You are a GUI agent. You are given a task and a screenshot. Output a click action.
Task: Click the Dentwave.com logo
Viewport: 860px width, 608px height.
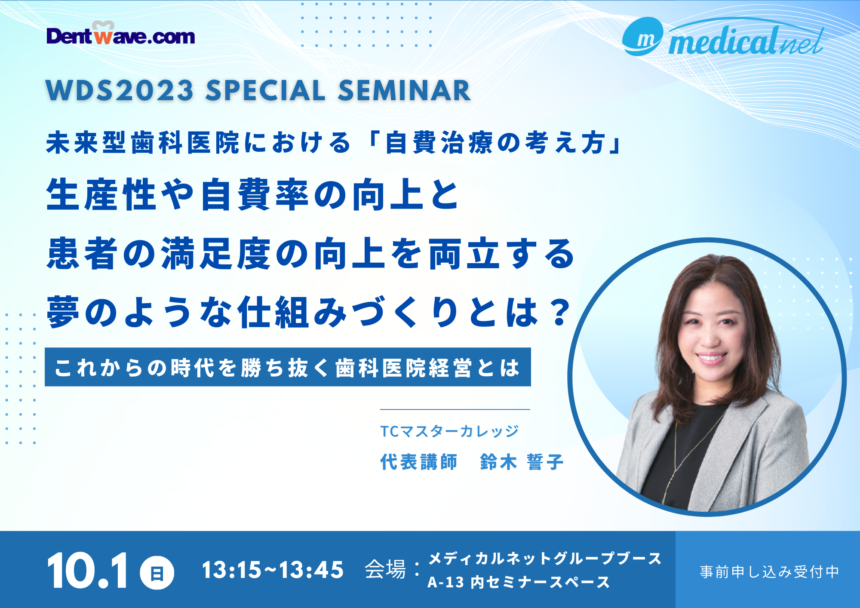click(x=120, y=34)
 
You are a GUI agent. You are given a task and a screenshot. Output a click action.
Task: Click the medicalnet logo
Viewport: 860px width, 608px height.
click(x=723, y=38)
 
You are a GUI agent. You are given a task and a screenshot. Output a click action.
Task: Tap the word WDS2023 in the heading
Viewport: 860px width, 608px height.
click(x=120, y=91)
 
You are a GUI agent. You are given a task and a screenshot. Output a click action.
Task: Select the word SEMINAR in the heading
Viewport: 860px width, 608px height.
click(x=404, y=91)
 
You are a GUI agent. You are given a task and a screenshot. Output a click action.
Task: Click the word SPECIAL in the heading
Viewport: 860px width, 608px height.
click(x=266, y=91)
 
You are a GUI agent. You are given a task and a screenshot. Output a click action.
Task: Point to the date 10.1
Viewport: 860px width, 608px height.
click(x=88, y=571)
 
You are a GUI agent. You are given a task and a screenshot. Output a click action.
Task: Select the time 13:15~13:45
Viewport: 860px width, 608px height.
click(x=273, y=571)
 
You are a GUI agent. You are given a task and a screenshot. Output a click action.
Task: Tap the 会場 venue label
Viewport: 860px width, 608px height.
click(x=385, y=570)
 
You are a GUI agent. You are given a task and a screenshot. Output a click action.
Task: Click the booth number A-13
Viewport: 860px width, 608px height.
click(x=445, y=583)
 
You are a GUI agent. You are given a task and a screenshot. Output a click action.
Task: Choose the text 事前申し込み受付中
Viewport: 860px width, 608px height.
click(x=769, y=572)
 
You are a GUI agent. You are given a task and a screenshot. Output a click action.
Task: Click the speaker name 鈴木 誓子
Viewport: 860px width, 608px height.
click(x=522, y=462)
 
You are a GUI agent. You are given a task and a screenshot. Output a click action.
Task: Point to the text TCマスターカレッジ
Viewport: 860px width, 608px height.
click(x=450, y=431)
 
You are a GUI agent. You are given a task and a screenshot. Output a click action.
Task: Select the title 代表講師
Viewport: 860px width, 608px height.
click(x=418, y=462)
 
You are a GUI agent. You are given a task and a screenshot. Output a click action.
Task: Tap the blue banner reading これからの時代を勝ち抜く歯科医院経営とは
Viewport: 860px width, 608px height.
click(x=288, y=367)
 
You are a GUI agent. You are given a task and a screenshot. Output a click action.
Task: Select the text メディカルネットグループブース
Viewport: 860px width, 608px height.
click(x=545, y=559)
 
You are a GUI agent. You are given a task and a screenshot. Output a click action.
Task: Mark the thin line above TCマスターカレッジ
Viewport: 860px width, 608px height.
click(x=455, y=409)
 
